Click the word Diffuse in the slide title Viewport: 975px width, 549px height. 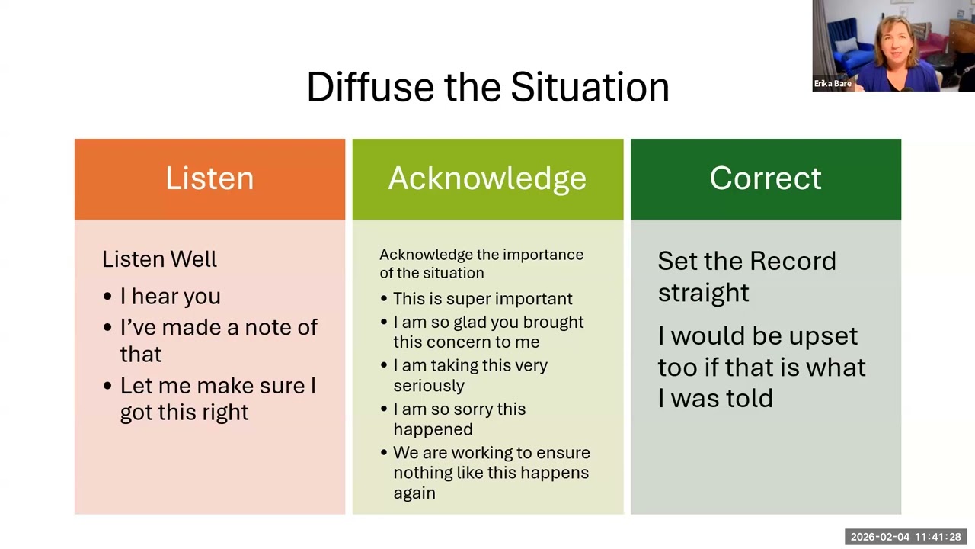[x=370, y=87]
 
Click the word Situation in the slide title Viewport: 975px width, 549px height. [x=590, y=87]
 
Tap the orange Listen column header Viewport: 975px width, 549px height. [x=209, y=179]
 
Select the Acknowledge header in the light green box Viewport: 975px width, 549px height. [x=487, y=179]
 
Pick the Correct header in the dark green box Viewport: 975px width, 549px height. [x=766, y=179]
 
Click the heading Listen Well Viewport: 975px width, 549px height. [x=159, y=259]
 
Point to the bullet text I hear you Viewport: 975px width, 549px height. [x=171, y=297]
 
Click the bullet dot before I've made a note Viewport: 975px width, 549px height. [x=107, y=327]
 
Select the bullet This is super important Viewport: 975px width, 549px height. [x=483, y=299]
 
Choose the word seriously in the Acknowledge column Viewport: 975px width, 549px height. [x=429, y=386]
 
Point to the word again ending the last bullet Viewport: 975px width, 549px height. [x=414, y=493]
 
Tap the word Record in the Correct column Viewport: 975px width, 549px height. [x=793, y=261]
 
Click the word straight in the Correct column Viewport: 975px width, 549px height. [x=703, y=292]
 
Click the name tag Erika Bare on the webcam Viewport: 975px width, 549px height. [x=833, y=83]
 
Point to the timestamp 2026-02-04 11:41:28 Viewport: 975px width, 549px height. [x=906, y=537]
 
